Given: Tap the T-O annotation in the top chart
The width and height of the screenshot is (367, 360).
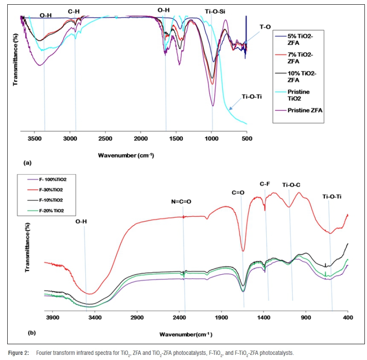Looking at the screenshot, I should [265, 27].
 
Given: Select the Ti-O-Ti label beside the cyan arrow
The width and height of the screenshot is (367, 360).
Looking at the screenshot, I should [251, 96].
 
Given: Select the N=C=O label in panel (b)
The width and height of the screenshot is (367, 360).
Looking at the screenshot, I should [182, 201].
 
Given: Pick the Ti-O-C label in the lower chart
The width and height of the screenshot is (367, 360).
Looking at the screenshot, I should [292, 185].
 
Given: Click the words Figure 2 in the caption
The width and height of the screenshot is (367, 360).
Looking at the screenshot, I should [19, 353].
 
